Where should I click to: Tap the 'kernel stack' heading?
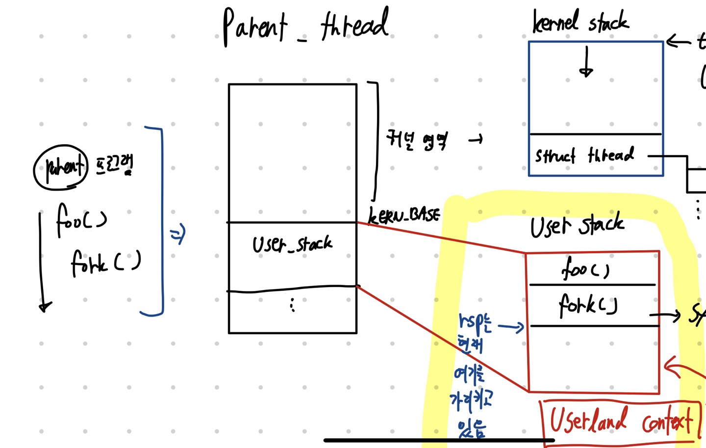point(580,22)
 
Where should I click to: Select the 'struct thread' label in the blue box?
point(584,156)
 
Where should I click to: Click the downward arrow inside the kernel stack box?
point(586,63)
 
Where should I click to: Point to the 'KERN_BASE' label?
point(404,215)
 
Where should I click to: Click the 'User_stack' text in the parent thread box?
point(292,244)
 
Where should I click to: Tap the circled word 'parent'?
point(61,167)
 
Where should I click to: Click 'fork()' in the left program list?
point(105,263)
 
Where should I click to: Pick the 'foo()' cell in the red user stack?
point(585,269)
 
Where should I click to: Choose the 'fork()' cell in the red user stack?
point(588,305)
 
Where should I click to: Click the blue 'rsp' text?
point(474,321)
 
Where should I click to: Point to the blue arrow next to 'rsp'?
point(511,326)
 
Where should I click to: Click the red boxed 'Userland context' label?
point(621,421)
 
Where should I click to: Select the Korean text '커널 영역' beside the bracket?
point(417,140)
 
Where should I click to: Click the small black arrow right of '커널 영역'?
point(476,140)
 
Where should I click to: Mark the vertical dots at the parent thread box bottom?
point(292,305)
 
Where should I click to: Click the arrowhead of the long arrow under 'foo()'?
point(45,307)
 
